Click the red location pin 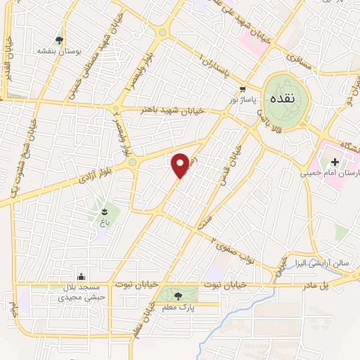click(180, 164)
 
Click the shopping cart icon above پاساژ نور click(242, 89)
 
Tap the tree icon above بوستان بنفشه click(59, 40)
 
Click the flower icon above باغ click(105, 210)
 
